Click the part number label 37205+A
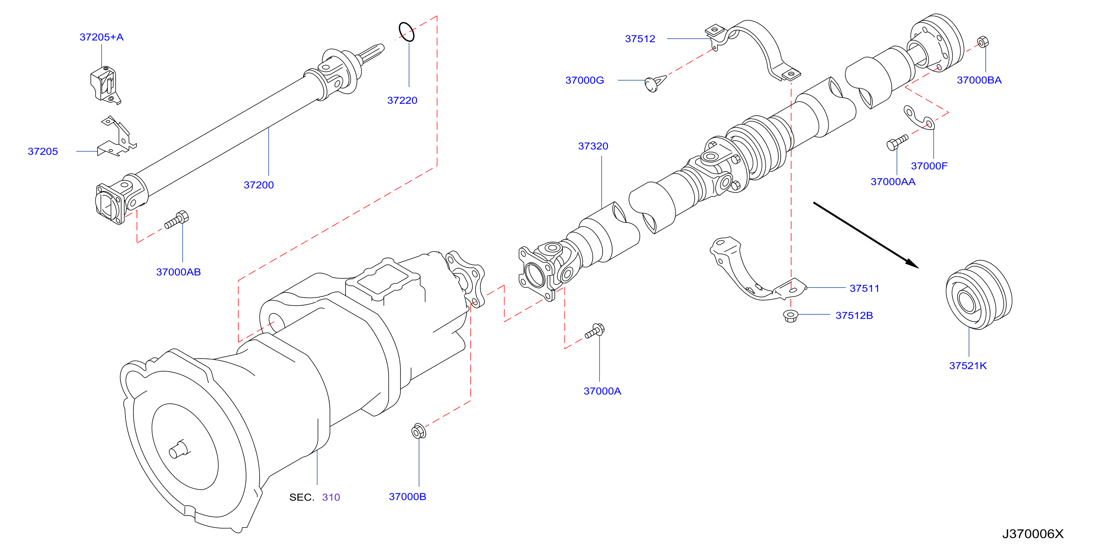pyautogui.click(x=101, y=37)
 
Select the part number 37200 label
pyautogui.click(x=258, y=185)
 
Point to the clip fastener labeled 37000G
pyautogui.click(x=654, y=83)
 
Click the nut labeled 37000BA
pyautogui.click(x=983, y=42)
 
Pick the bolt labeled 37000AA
pyautogui.click(x=897, y=142)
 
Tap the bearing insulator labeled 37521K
pyautogui.click(x=979, y=295)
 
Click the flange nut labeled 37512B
pyautogui.click(x=790, y=316)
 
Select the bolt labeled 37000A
pyautogui.click(x=595, y=331)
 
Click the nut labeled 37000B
pyautogui.click(x=419, y=431)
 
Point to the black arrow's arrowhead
pyautogui.click(x=912, y=264)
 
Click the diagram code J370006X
pyautogui.click(x=1033, y=534)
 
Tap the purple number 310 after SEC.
pyautogui.click(x=331, y=497)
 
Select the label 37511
pyautogui.click(x=864, y=288)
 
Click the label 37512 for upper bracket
pyautogui.click(x=640, y=39)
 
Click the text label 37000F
pyautogui.click(x=929, y=166)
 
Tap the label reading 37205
pyautogui.click(x=42, y=151)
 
